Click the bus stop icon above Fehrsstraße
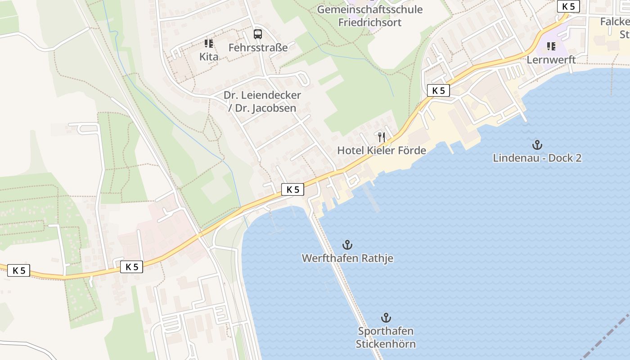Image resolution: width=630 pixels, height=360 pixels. click(x=257, y=34)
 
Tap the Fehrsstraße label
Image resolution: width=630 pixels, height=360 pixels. click(x=258, y=47)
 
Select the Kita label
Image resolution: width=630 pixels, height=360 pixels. click(x=209, y=57)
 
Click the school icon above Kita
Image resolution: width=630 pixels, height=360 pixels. click(x=209, y=44)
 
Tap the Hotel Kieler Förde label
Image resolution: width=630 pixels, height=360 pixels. click(x=382, y=150)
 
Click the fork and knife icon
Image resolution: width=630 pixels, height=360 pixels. click(x=382, y=137)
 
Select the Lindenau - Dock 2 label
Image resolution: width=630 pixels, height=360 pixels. click(x=537, y=158)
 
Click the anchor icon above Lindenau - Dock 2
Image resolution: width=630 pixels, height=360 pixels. click(x=537, y=145)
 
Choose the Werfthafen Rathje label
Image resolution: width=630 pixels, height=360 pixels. click(x=347, y=258)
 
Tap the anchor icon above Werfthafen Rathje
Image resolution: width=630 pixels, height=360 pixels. click(x=347, y=245)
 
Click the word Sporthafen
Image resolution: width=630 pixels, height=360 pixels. click(x=386, y=331)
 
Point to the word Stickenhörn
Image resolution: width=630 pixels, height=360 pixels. click(x=386, y=344)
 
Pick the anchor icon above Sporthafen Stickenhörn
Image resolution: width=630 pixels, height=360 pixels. click(x=386, y=318)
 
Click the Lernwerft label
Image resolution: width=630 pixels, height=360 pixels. click(x=551, y=59)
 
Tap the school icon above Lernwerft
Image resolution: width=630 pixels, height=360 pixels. click(x=551, y=46)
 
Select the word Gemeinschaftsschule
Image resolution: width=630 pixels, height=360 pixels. click(x=370, y=9)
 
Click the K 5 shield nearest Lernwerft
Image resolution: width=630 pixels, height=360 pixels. click(x=568, y=7)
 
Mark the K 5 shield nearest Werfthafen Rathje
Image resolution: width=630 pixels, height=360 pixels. click(x=292, y=190)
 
